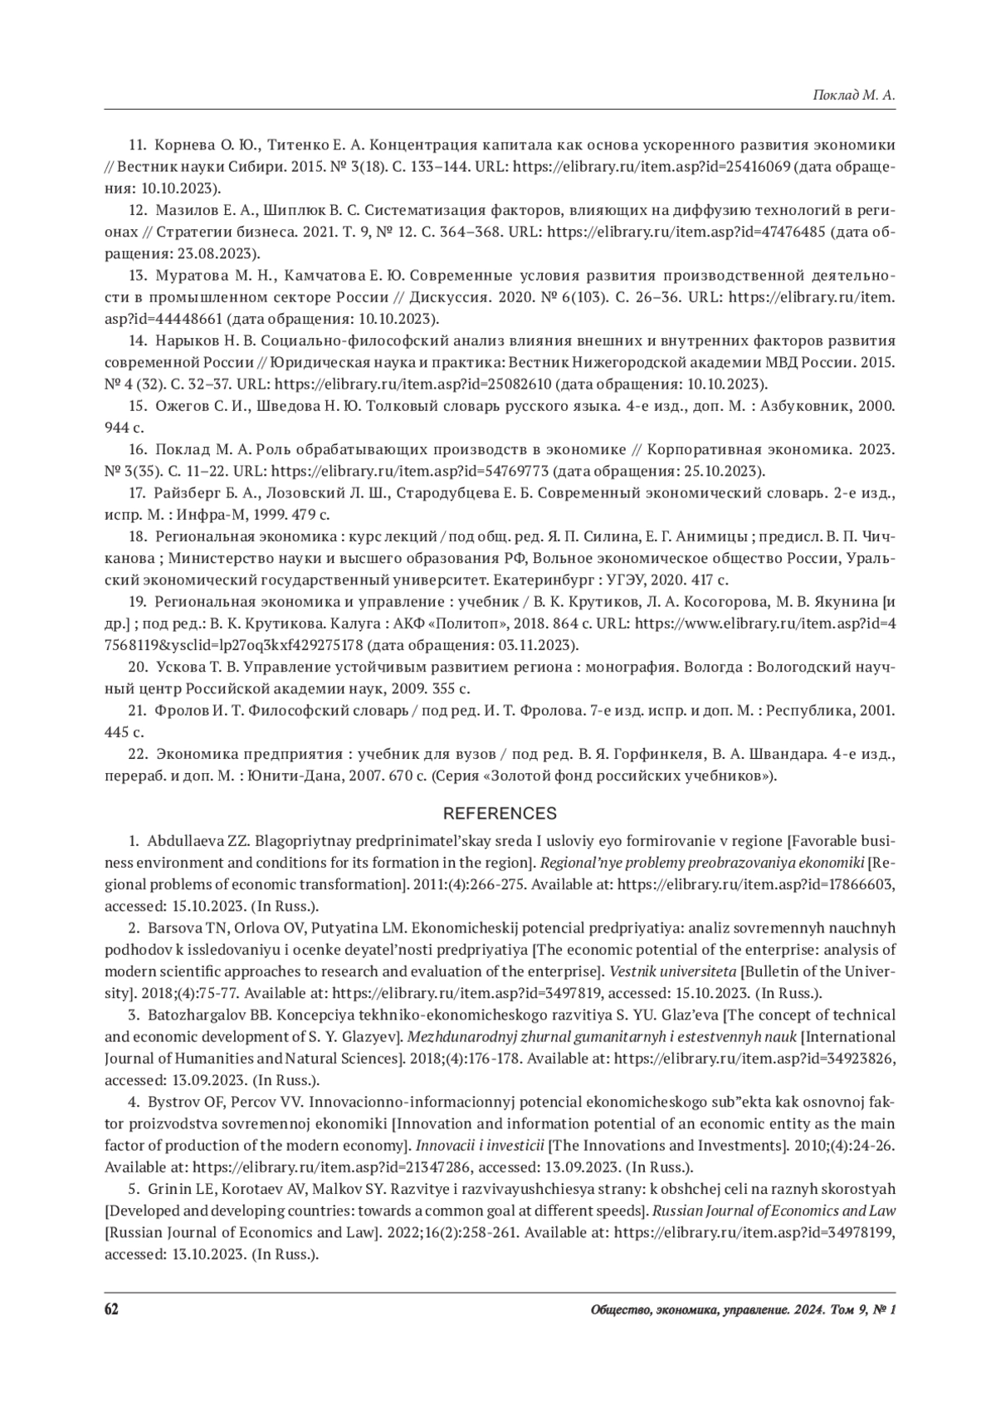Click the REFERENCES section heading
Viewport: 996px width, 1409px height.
[500, 813]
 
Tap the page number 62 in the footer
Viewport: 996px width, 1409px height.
[112, 1309]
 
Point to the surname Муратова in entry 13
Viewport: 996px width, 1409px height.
[190, 276]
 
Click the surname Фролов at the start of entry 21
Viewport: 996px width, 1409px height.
[179, 711]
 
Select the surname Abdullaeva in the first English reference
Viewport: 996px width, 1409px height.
[185, 840]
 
